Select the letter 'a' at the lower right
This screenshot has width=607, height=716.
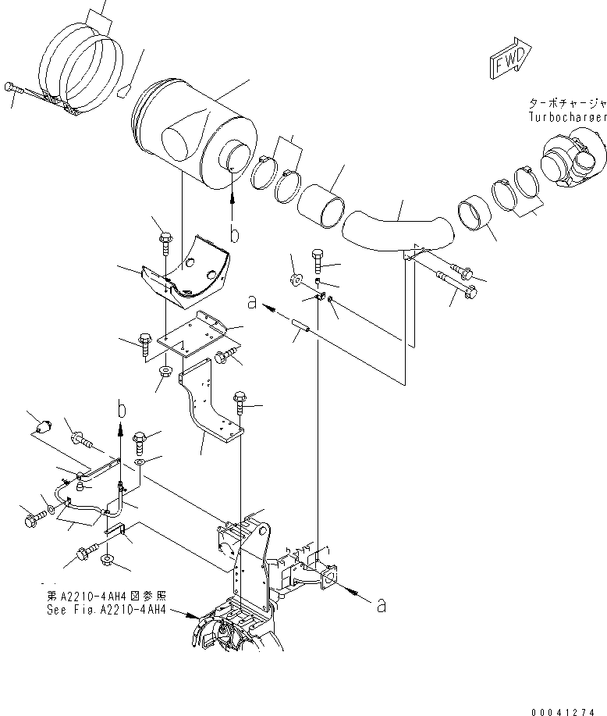click(381, 605)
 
